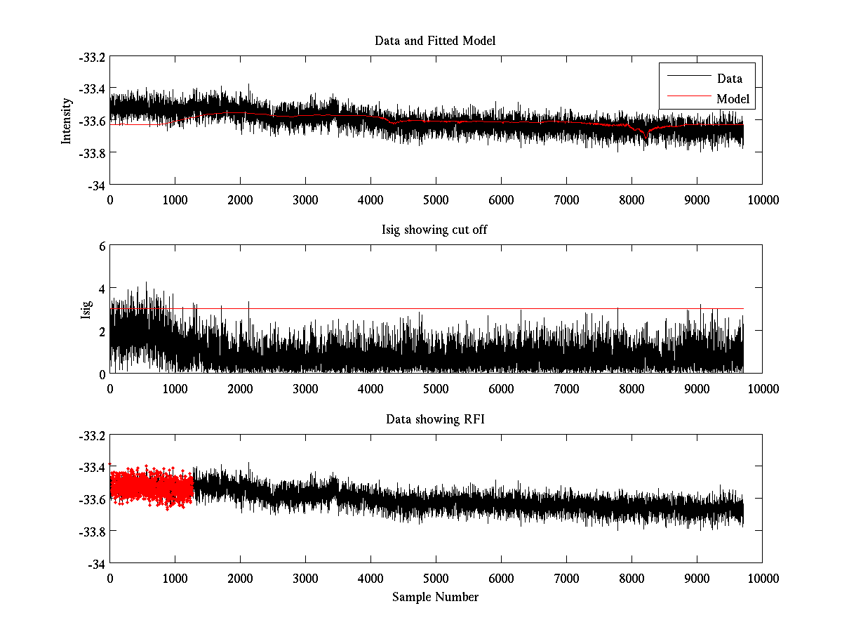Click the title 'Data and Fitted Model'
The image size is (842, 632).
(x=435, y=41)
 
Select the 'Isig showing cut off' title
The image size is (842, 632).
(x=435, y=230)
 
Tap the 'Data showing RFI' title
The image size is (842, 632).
(x=435, y=419)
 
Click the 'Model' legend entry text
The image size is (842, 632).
(x=733, y=99)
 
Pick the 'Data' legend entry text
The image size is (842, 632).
(x=730, y=79)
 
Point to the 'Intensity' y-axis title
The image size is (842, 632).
(x=67, y=121)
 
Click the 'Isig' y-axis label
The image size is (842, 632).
(x=86, y=310)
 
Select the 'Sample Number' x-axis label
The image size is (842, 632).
(x=435, y=597)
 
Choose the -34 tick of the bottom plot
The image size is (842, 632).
(x=96, y=564)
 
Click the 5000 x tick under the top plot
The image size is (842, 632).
(x=436, y=199)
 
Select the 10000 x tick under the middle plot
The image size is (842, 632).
(x=762, y=388)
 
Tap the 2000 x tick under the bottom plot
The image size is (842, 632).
(x=240, y=578)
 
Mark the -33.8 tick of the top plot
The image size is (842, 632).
(x=91, y=153)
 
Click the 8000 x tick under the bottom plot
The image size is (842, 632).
(x=631, y=578)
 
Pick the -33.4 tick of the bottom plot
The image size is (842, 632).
(x=91, y=468)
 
